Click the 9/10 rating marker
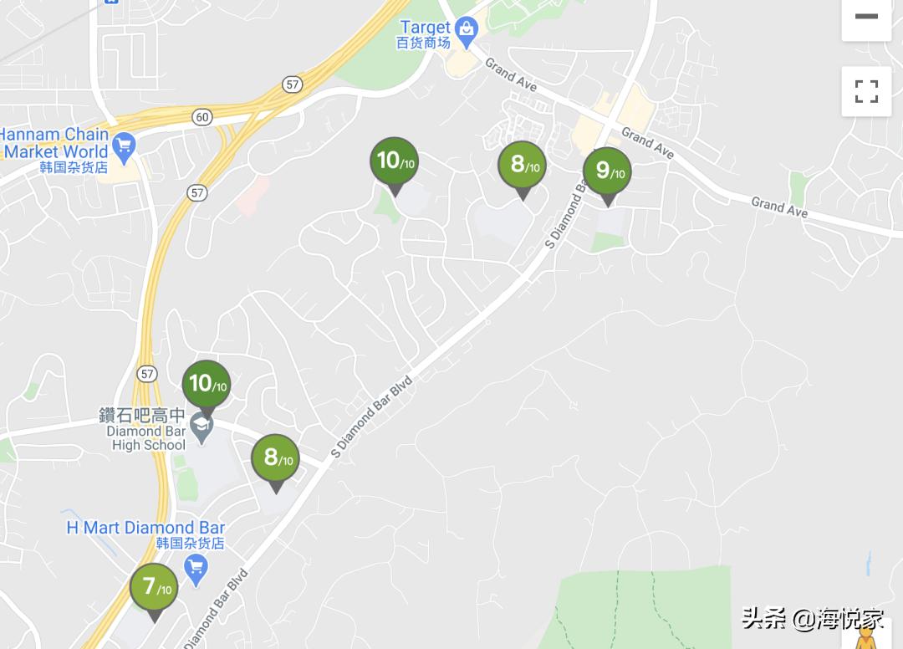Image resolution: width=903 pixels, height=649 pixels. pos(607,171)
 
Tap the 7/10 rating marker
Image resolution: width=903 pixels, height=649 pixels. pos(154,587)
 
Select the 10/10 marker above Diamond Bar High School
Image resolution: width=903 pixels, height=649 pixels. pos(206,385)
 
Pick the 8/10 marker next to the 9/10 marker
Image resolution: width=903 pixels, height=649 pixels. pos(522,165)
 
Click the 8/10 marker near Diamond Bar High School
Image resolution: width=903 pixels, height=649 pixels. pos(275,458)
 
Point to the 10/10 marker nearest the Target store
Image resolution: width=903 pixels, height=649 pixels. pos(394,161)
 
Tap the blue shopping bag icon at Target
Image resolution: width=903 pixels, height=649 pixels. pos(466,30)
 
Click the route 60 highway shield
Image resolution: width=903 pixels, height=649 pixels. pos(202,117)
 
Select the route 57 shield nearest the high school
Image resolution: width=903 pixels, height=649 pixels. pos(148,374)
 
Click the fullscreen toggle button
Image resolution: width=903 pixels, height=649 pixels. pos(866,91)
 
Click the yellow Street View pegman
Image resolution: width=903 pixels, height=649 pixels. pos(867,637)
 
